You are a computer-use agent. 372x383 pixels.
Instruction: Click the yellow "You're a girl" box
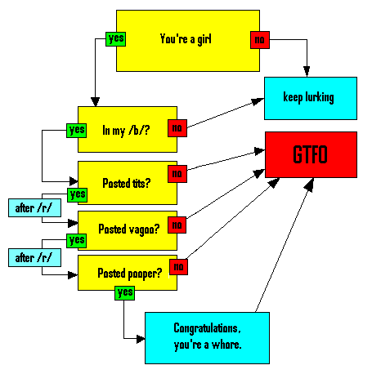pos(188,41)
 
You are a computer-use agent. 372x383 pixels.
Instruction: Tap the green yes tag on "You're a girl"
pos(115,39)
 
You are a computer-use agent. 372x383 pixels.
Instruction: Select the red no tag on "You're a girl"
pos(260,40)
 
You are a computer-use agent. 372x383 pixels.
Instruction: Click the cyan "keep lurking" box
pos(311,98)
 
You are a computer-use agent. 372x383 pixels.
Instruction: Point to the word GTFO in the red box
pos(310,154)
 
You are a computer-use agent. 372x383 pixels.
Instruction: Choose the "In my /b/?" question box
pos(128,129)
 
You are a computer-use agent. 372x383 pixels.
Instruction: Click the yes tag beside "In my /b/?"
pos(76,131)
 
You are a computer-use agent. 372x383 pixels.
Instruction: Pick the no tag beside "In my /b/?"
pos(177,128)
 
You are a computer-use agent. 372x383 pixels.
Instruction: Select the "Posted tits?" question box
pos(128,183)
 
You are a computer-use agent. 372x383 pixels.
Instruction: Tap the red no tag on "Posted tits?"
pos(177,174)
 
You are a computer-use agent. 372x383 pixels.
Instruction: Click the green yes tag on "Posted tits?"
pos(78,195)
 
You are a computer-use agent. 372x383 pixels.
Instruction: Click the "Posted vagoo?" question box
pos(128,230)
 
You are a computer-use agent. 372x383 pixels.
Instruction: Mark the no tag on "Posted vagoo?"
pos(177,225)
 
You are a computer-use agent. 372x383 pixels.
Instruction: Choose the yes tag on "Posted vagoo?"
pos(77,241)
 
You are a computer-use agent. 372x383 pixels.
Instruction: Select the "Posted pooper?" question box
pos(128,273)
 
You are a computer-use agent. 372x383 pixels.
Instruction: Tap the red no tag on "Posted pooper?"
pos(178,267)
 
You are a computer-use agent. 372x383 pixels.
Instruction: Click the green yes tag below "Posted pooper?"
pos(124,293)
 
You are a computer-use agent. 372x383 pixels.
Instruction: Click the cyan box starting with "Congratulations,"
pos(207,338)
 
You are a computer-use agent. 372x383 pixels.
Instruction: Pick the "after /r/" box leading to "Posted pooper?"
pos(34,257)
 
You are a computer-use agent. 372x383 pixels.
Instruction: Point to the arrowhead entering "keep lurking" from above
pos(307,72)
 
